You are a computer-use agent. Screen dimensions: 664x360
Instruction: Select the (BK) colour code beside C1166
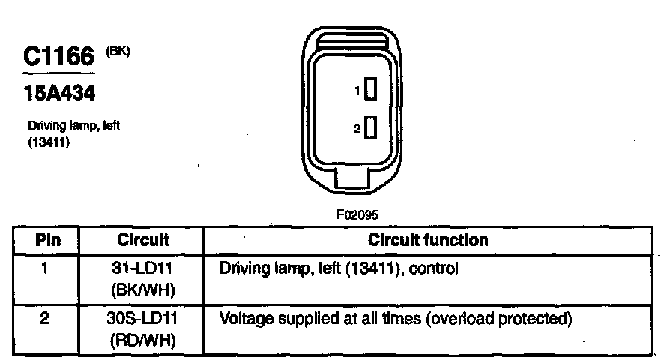click(x=118, y=52)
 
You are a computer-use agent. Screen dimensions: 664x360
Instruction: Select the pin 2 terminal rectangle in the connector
click(x=369, y=128)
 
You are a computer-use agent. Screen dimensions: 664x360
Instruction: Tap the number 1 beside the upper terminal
click(x=357, y=90)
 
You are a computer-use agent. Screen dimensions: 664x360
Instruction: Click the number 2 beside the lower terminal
click(x=357, y=129)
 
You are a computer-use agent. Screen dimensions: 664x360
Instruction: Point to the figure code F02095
click(x=357, y=214)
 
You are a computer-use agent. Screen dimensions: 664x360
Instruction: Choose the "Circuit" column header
click(x=143, y=240)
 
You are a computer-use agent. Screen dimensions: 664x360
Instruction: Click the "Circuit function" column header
click(x=428, y=240)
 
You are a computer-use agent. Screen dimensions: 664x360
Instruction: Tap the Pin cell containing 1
click(x=46, y=267)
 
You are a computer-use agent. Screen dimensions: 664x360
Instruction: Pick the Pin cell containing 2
click(x=45, y=318)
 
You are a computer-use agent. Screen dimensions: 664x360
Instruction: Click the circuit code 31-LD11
click(x=143, y=267)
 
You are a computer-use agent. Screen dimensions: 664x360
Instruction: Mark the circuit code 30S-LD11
click(x=143, y=318)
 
